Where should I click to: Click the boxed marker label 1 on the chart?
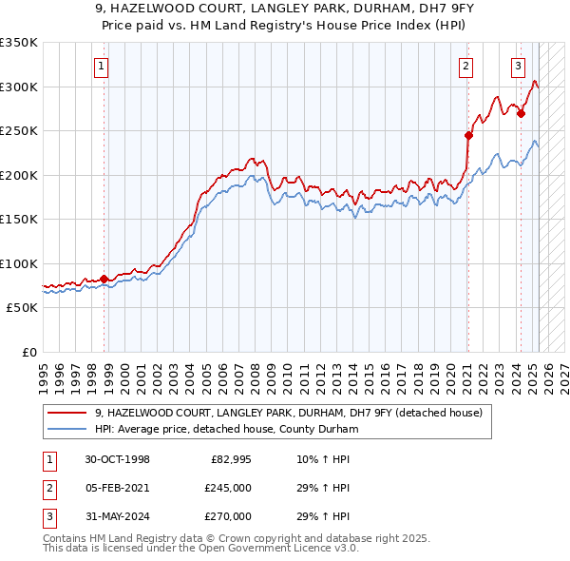tap(101, 66)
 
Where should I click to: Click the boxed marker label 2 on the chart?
tap(466, 66)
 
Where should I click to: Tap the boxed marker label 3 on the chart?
tap(518, 66)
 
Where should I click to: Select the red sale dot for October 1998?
tap(104, 279)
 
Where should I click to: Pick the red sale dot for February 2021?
tap(468, 135)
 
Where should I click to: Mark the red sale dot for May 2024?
tap(521, 113)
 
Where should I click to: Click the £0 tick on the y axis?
tap(28, 352)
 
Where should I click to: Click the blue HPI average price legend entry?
tap(225, 429)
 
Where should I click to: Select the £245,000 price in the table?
tap(228, 488)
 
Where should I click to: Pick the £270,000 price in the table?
tap(228, 516)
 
